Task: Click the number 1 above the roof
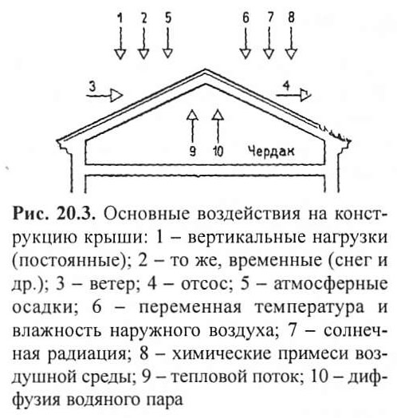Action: pos(120,18)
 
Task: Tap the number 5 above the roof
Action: pos(168,18)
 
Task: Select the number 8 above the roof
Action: pos(291,18)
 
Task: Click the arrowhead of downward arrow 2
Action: pos(143,53)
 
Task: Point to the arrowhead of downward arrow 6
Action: pos(246,53)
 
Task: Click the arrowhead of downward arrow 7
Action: pos(269,53)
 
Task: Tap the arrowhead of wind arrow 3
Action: pos(116,95)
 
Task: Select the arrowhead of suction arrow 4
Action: pos(305,95)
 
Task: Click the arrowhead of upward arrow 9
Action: pos(192,116)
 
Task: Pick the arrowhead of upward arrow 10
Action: pos(218,115)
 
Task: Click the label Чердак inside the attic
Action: pos(271,151)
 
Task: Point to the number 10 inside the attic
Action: pos(218,152)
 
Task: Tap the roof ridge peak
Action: pos(205,70)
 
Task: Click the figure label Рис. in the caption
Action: pos(28,214)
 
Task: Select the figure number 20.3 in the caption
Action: pos(77,214)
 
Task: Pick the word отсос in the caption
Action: pos(206,284)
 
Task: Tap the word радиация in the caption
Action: pos(87,355)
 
